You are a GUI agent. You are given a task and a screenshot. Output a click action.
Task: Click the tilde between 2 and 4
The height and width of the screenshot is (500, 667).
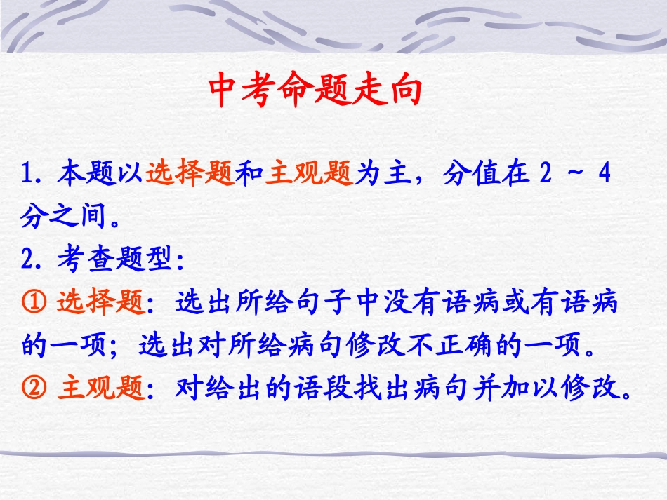[x=572, y=173]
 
